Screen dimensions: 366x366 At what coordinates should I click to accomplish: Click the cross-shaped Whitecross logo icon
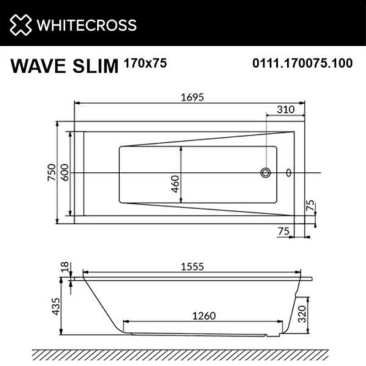pos(20,24)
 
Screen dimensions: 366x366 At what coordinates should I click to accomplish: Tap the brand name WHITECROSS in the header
pos(86,25)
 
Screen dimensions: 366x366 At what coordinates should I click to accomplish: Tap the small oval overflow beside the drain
pos(289,173)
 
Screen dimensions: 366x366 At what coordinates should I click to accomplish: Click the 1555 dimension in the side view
pos(191,267)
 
